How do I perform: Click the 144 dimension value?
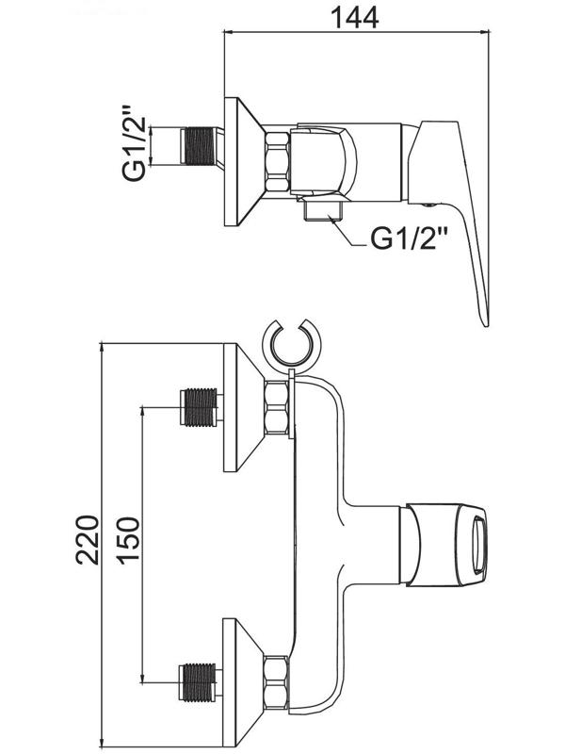(x=355, y=18)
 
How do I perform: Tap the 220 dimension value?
(x=88, y=539)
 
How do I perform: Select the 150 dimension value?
(x=129, y=539)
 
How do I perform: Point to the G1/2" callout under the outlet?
(x=410, y=238)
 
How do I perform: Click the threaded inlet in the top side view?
(x=199, y=146)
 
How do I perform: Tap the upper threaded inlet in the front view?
(x=199, y=407)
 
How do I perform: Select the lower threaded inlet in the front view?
(x=199, y=681)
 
